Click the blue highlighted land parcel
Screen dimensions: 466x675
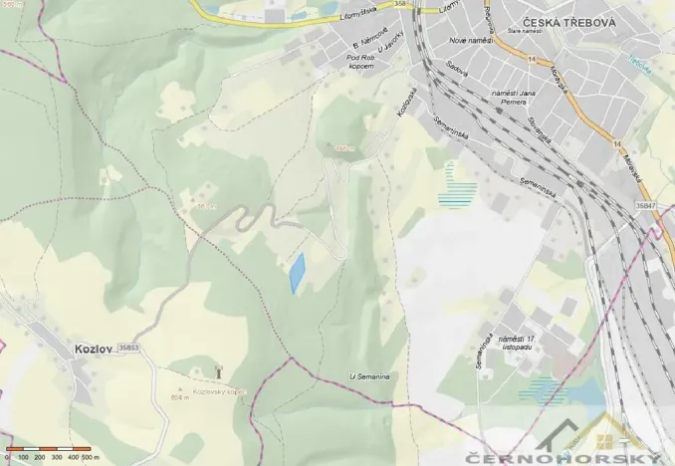pyautogui.click(x=297, y=272)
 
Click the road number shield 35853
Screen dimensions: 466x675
pyautogui.click(x=128, y=348)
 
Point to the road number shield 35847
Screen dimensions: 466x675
pyautogui.click(x=645, y=204)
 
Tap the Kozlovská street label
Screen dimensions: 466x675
pyautogui.click(x=405, y=117)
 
